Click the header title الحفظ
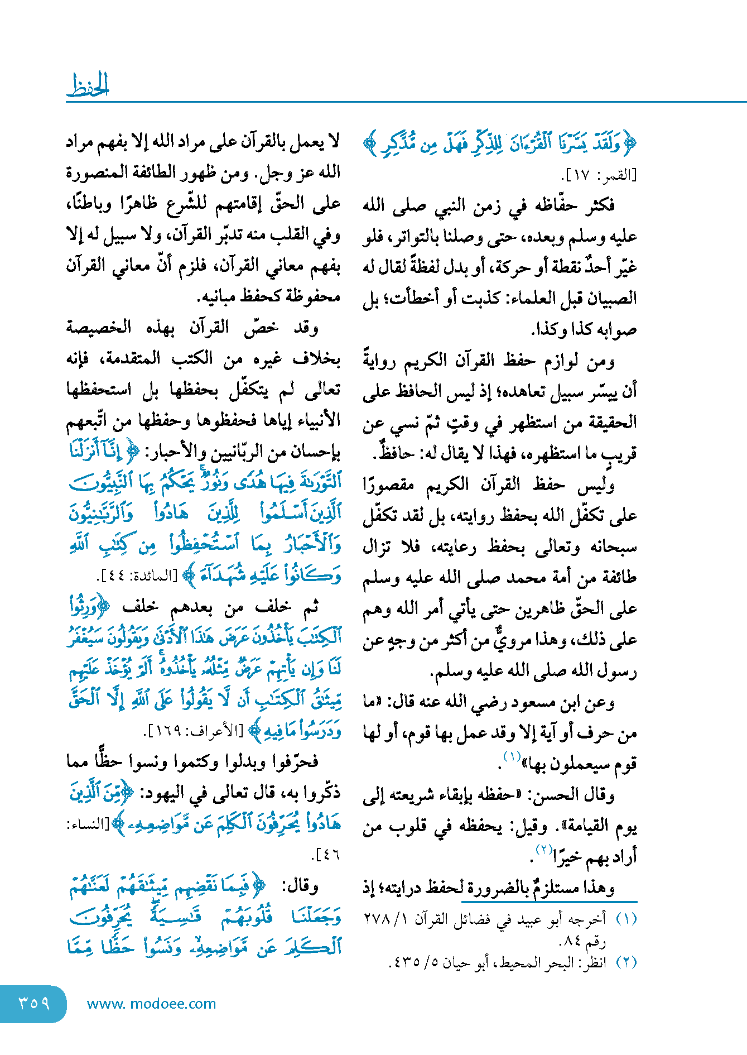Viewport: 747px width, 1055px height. click(88, 85)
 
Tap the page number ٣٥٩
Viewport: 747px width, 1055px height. click(34, 1003)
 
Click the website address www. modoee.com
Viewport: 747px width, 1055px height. click(152, 1004)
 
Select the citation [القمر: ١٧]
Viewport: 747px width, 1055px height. click(598, 175)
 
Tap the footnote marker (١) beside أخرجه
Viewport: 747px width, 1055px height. click(626, 919)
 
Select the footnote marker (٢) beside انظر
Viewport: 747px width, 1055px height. click(626, 962)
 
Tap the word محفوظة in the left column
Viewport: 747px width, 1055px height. click(311, 296)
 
